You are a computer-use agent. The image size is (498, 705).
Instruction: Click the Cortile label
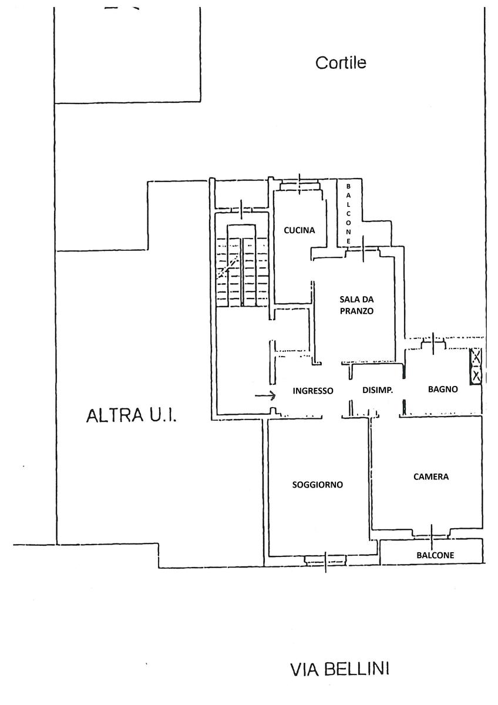point(341,62)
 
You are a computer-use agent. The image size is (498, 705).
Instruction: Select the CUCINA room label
point(300,230)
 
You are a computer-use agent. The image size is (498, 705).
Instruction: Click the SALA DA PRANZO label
point(357,305)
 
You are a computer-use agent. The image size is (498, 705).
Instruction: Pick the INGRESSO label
point(313,391)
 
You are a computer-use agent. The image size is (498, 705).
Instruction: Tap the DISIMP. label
point(377,391)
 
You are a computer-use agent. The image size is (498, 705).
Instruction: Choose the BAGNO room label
point(443,389)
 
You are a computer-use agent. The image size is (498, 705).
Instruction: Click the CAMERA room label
point(431,476)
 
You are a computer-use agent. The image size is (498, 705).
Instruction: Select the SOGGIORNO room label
point(318,485)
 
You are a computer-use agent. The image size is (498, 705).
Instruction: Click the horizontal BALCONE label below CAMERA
point(435,555)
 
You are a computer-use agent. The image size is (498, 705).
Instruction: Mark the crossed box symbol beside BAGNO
point(476,365)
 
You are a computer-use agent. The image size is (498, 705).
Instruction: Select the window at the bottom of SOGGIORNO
point(326,560)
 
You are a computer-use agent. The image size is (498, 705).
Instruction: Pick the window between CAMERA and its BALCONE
point(432,533)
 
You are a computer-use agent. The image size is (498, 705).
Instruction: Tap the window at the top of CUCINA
point(300,185)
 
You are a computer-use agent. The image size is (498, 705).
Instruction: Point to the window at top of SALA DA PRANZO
point(364,250)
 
